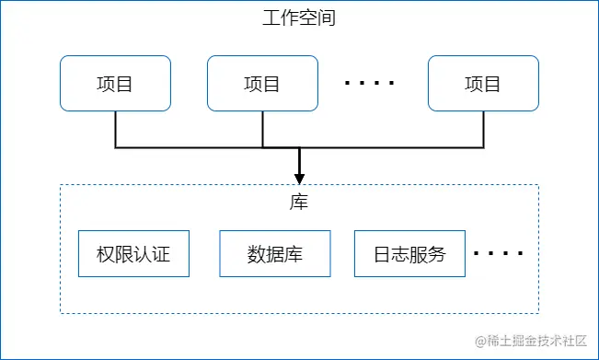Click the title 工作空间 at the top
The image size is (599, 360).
coord(299,18)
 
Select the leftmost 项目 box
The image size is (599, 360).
coord(115,84)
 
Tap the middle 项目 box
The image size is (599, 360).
coord(262,84)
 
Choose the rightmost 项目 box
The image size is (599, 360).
coord(483,84)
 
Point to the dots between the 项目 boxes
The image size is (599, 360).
coord(369,84)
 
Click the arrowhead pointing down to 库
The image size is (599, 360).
coord(299,177)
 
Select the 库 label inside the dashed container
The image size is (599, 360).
coord(299,203)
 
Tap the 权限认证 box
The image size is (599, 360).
coord(133,254)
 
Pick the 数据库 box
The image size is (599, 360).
coord(274,254)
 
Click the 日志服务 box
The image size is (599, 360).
coord(409,254)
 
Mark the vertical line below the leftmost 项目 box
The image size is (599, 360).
coord(115,129)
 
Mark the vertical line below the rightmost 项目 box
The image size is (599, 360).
coord(483,129)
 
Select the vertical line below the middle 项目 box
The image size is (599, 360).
coord(262,129)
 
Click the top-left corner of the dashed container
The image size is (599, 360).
coord(61,185)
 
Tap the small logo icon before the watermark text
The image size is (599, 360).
coord(479,341)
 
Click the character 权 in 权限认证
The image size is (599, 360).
coord(106,254)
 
